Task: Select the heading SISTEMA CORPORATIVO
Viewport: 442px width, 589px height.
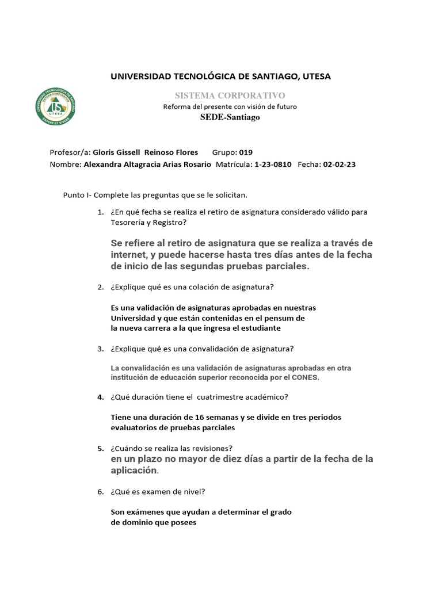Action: pyautogui.click(x=230, y=95)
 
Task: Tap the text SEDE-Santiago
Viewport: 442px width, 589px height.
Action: pyautogui.click(x=230, y=117)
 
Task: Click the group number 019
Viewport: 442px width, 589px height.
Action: pyautogui.click(x=246, y=152)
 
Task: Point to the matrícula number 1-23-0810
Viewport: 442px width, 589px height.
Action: pyautogui.click(x=273, y=164)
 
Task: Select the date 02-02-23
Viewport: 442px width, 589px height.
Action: pyautogui.click(x=340, y=164)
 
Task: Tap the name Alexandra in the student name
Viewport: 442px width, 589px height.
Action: pyautogui.click(x=105, y=164)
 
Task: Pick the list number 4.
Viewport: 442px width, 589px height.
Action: pyautogui.click(x=100, y=397)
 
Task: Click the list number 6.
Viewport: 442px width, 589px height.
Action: pyautogui.click(x=100, y=492)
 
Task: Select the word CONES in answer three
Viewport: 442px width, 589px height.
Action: pyautogui.click(x=304, y=377)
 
